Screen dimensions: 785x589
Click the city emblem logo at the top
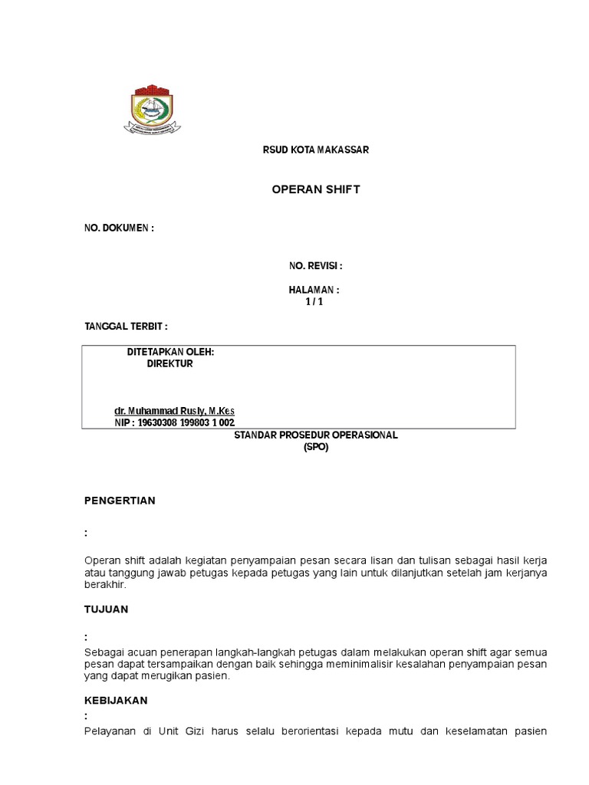153,110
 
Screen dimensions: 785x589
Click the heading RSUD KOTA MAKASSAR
316,150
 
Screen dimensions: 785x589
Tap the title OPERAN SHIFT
316,190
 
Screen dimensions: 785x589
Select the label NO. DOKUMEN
119,228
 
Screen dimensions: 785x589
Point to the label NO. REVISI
315,266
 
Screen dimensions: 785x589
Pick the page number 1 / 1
314,301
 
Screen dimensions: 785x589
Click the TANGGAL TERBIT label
126,327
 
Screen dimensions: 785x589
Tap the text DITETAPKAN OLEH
170,352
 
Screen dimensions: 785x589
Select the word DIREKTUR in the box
170,364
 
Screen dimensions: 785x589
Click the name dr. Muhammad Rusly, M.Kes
175,411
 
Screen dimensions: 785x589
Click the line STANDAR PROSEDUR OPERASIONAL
316,435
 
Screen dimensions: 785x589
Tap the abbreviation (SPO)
316,447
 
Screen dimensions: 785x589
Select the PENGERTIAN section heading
120,501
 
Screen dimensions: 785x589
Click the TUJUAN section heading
107,609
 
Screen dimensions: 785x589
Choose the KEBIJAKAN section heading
116,701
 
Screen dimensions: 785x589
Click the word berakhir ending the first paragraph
104,584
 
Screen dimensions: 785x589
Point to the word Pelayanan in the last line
108,731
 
